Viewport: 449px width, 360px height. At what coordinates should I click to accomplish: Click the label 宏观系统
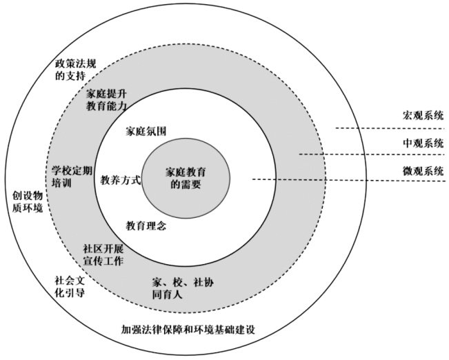coord(423,115)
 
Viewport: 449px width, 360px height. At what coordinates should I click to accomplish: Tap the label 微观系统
coord(423,170)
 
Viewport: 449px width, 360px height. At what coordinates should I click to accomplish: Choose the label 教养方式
coord(121,180)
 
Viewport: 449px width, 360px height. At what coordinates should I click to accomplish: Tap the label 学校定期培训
coord(71,176)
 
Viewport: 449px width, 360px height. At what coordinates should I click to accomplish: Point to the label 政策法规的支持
coord(75,70)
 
